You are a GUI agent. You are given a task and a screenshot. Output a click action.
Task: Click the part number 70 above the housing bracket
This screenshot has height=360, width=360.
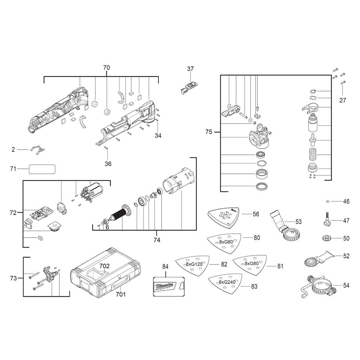(107, 68)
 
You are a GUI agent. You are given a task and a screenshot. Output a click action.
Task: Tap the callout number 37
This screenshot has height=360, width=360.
(190, 69)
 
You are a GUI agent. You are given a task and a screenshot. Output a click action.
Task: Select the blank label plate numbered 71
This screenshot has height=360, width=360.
(42, 169)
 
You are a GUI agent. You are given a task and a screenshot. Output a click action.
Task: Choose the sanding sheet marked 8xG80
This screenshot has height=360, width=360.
(250, 265)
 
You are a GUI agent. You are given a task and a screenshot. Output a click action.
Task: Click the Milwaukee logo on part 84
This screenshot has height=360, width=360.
(165, 286)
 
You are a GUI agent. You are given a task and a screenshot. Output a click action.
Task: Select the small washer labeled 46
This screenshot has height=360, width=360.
(328, 201)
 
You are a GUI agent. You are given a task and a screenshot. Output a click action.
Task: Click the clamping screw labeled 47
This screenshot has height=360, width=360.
(326, 219)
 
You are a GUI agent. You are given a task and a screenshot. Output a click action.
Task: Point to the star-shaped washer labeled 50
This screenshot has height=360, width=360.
(326, 238)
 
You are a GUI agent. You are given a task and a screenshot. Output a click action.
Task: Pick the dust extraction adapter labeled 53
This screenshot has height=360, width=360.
(286, 227)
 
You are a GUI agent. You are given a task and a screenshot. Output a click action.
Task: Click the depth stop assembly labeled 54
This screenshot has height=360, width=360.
(318, 286)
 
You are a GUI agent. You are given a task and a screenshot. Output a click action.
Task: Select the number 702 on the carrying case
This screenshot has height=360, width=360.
(104, 266)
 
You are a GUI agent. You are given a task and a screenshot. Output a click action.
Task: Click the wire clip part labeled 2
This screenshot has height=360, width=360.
(37, 149)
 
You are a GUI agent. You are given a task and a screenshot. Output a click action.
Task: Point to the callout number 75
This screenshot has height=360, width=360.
(209, 132)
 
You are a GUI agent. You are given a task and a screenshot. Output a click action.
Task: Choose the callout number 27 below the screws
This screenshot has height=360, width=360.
(343, 100)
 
